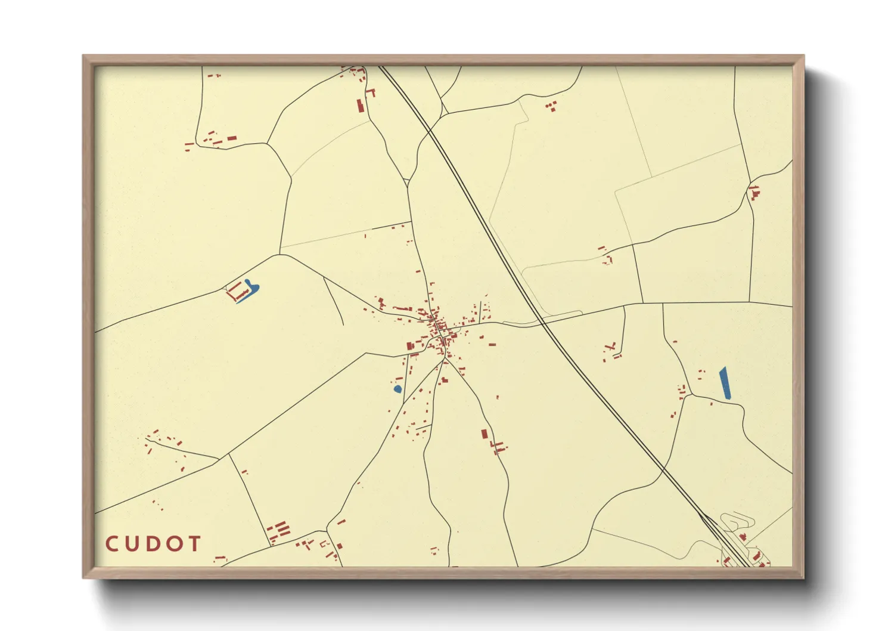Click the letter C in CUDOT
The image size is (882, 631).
pos(112,544)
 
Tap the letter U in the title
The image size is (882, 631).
pos(132,544)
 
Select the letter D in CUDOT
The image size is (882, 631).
pos(153,544)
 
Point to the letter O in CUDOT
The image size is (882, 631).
pos(175,544)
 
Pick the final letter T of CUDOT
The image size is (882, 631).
pos(194,544)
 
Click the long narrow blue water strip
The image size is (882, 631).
pos(725,383)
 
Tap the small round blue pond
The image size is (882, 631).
pos(397,389)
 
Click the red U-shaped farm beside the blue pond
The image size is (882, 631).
pos(237,292)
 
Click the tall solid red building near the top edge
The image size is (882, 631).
pos(359,106)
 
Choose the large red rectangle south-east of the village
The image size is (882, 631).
pos(485,434)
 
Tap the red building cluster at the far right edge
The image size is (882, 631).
pos(754,193)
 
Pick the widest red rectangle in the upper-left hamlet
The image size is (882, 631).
pos(232,138)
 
